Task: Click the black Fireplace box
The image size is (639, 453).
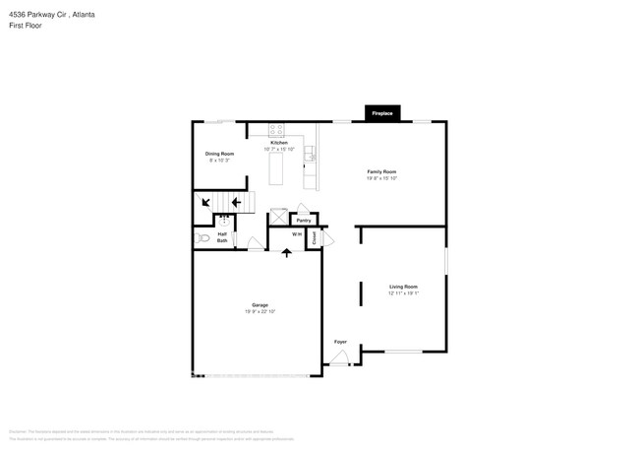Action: click(381, 113)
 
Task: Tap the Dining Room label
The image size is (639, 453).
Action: click(219, 154)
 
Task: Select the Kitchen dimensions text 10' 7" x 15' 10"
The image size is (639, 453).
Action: click(279, 150)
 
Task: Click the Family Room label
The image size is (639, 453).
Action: click(381, 172)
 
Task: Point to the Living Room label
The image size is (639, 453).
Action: click(403, 287)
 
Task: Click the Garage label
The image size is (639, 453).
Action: click(260, 305)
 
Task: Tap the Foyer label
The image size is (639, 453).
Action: click(340, 342)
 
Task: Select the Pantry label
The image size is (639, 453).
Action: click(304, 221)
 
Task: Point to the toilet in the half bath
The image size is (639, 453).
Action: click(203, 237)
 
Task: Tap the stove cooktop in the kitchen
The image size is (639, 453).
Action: click(276, 129)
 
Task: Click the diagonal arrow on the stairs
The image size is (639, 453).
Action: click(205, 202)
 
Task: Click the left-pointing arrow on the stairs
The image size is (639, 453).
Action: click(236, 202)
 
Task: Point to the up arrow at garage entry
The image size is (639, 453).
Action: click(287, 253)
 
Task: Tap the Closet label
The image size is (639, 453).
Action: click(315, 237)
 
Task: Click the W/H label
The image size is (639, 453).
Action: click(297, 234)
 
